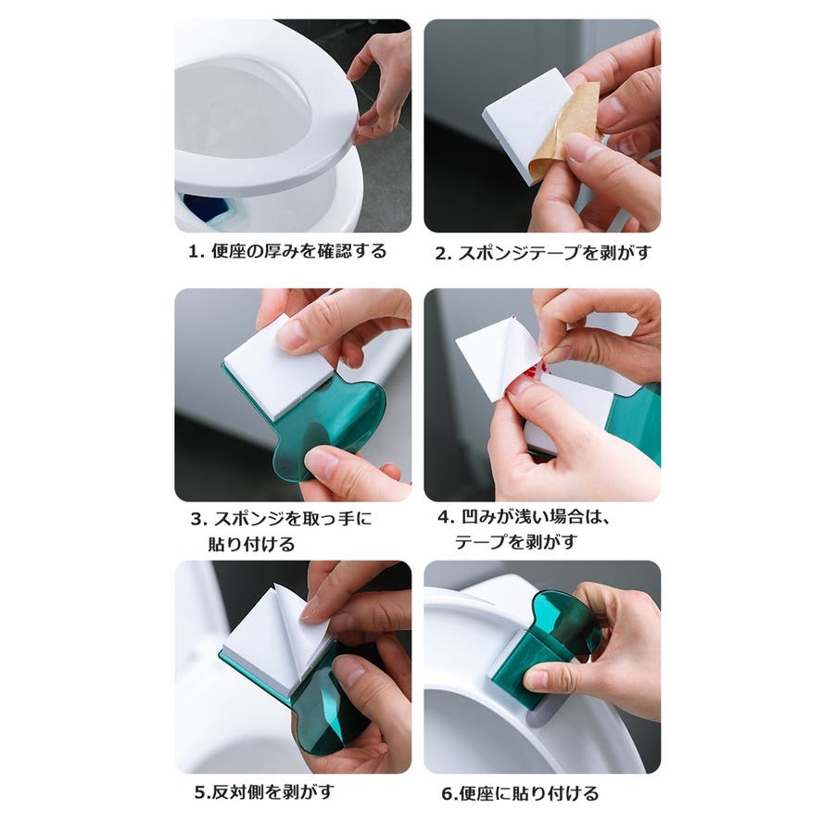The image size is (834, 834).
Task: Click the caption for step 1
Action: (287, 251)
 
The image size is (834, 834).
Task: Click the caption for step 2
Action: (543, 253)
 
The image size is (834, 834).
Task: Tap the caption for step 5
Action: (264, 792)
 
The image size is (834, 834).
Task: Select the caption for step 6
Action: (520, 793)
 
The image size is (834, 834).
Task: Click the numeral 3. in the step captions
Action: (199, 519)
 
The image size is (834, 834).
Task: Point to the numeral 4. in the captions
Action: (446, 516)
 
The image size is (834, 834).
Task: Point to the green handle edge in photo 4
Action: (636, 425)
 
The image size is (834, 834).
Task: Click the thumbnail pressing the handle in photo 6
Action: (536, 679)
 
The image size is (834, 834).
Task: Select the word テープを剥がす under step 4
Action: (516, 542)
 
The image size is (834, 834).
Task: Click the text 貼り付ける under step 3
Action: (251, 544)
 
